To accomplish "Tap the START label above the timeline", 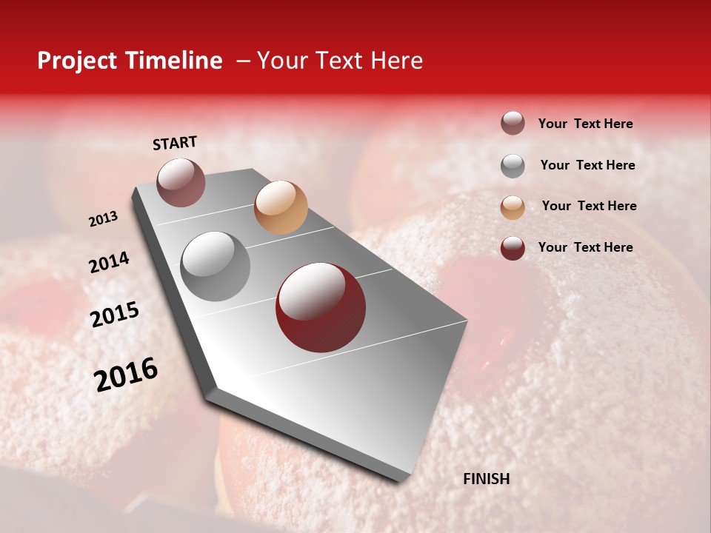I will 175,143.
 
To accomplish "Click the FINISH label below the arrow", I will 486,479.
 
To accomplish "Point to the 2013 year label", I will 103,219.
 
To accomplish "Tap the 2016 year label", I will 125,374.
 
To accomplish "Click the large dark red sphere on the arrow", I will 320,307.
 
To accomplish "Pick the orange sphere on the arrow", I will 281,207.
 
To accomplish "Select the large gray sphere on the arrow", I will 216,266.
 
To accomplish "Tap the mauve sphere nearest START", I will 181,182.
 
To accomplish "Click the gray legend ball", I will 513,166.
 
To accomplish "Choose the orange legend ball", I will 513,207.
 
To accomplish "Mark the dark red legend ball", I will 513,248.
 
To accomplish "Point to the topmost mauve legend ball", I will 513,123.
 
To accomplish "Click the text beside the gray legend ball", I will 587,165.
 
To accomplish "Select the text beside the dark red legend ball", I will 585,247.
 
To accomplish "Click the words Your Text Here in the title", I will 340,61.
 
